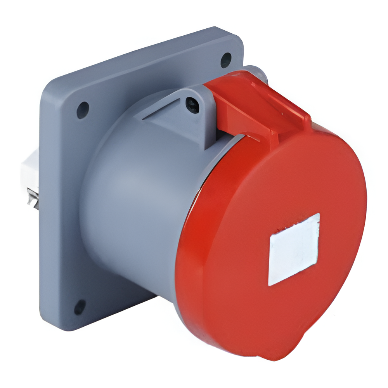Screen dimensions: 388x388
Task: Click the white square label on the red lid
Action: click(x=294, y=249)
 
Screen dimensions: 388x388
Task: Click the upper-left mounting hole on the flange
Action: click(x=83, y=110)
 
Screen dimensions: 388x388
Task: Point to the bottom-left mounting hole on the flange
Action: click(x=80, y=307)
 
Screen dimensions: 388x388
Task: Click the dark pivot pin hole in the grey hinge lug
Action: click(x=192, y=104)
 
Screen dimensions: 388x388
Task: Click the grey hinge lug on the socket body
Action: click(x=190, y=113)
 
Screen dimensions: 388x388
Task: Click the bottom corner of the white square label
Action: click(x=269, y=285)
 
